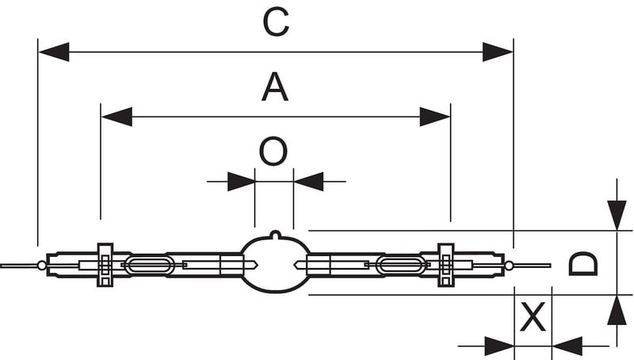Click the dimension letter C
275,23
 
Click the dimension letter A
275,86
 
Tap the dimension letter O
273,151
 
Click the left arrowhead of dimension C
53,53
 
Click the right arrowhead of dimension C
498,53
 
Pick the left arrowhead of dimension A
116,117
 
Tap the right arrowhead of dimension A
435,117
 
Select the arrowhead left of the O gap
240,182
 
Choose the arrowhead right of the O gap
308,182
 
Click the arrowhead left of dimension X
498,346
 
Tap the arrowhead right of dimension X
567,346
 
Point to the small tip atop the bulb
274,234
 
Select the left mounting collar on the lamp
105,264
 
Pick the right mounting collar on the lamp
445,264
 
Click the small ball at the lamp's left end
41,264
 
